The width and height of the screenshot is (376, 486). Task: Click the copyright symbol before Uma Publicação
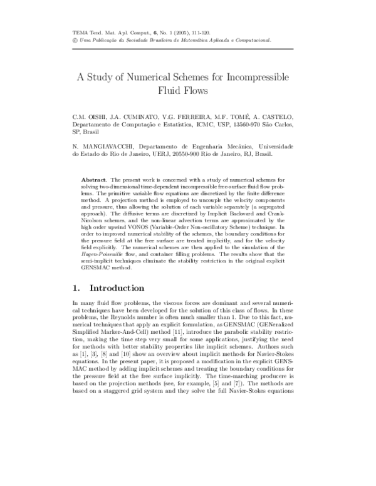(75, 39)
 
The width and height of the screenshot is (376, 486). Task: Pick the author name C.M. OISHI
(91, 117)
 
